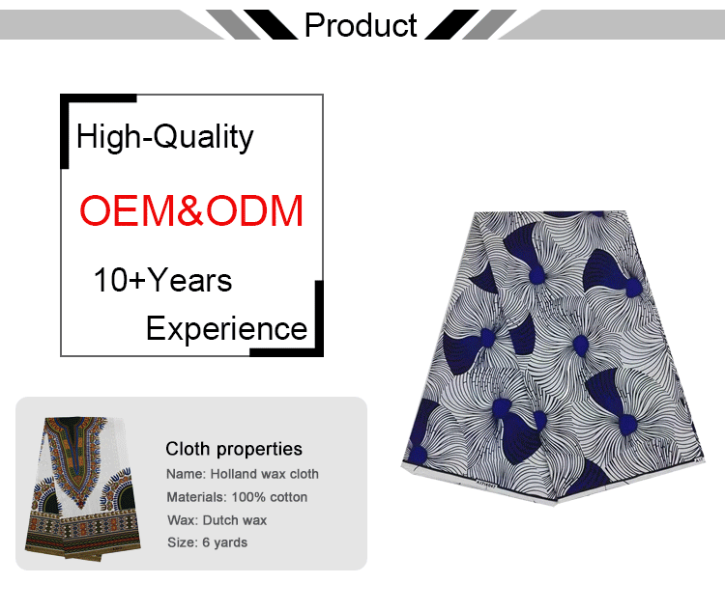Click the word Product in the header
point(362,25)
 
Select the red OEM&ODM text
point(191,210)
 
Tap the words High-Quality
point(164,137)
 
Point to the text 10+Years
point(162,281)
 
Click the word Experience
point(226,329)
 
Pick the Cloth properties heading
point(234,449)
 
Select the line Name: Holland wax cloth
point(242,474)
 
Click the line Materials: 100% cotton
point(237,497)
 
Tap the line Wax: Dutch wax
point(217,520)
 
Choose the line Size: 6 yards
point(207,542)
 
